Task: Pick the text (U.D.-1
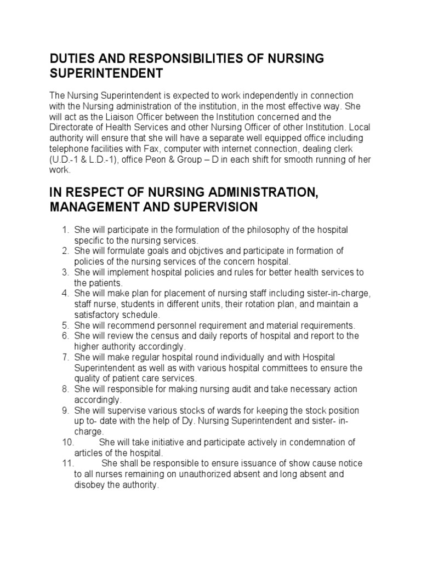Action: point(66,159)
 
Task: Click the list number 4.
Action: point(64,294)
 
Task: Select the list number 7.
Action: point(64,357)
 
